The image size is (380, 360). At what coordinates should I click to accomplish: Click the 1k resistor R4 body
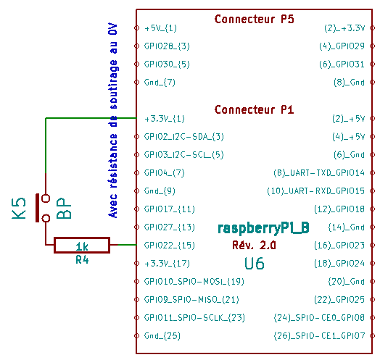(x=82, y=246)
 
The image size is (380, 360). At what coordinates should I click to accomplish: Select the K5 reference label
(x=19, y=209)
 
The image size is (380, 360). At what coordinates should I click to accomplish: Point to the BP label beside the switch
(x=64, y=208)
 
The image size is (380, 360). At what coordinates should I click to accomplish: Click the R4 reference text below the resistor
(x=82, y=260)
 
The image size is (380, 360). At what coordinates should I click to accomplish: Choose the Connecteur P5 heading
(x=255, y=19)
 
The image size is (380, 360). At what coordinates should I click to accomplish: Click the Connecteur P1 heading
(x=255, y=109)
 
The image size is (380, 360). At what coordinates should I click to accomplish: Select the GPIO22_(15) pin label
(x=170, y=246)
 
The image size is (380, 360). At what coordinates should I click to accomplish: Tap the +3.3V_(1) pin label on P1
(x=165, y=119)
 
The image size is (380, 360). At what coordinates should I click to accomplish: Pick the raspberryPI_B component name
(x=263, y=228)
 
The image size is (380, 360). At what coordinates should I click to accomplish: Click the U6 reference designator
(x=255, y=264)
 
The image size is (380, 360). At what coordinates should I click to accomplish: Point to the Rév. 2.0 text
(x=254, y=245)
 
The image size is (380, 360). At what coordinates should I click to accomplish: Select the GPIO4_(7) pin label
(x=165, y=173)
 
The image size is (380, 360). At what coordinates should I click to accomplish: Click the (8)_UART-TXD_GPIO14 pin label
(x=319, y=173)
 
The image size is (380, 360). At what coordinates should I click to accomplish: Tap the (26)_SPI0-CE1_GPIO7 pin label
(x=319, y=335)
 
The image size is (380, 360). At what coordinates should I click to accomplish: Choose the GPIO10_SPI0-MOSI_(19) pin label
(x=194, y=281)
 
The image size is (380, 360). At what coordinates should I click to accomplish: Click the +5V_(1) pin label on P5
(x=160, y=28)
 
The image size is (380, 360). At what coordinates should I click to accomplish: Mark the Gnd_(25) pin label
(x=162, y=335)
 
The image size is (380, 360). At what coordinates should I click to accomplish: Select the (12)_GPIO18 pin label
(x=339, y=209)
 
